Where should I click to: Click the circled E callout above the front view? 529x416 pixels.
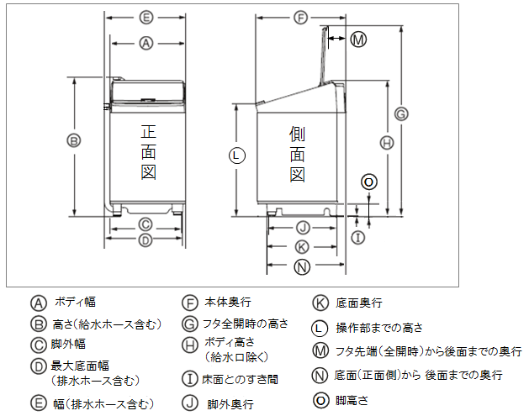point(145,17)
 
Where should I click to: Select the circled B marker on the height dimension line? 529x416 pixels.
point(74,140)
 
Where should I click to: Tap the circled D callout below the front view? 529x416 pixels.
point(145,240)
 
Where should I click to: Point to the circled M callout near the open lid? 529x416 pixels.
point(358,39)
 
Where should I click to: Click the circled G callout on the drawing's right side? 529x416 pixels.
point(401,113)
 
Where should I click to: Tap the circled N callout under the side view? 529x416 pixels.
point(303,266)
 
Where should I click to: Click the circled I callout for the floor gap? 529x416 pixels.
point(357,238)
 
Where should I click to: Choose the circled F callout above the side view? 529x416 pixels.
point(301,17)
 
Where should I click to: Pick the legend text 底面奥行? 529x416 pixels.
point(359,303)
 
